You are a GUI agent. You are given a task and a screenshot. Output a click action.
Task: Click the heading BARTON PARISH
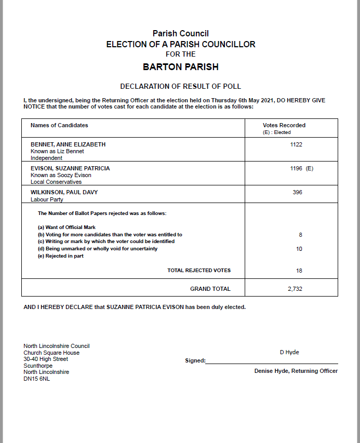[x=180, y=67]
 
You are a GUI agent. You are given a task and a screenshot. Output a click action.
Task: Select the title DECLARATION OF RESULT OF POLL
[x=180, y=86]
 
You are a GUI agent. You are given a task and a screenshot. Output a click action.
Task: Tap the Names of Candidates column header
[x=59, y=125]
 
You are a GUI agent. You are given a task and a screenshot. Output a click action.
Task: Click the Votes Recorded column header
[x=284, y=125]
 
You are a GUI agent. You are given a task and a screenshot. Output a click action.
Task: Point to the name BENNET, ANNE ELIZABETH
[x=68, y=144]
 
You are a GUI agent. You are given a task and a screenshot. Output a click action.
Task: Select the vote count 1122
[x=296, y=144]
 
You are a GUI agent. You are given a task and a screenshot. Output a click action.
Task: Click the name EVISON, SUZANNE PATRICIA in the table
[x=70, y=168]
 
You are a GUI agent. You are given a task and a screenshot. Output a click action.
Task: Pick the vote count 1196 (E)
[x=301, y=168]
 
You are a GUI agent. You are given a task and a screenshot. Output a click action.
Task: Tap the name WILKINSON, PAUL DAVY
[x=64, y=192]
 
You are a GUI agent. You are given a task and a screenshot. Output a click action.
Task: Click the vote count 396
[x=297, y=192]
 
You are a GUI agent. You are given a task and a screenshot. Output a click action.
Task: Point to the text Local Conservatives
[x=56, y=182]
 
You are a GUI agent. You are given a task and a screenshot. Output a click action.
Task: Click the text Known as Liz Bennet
[x=57, y=151]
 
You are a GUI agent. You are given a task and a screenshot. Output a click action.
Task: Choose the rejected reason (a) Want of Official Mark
[x=67, y=227]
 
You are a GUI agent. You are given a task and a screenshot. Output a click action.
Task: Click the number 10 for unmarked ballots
[x=299, y=249]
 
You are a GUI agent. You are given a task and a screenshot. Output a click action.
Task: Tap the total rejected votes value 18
[x=299, y=271]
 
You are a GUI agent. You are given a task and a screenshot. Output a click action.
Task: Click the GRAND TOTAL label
[x=210, y=289]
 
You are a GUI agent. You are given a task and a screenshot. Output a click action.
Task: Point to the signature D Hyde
[x=289, y=352]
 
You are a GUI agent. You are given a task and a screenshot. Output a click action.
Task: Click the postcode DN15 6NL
[x=37, y=379]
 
